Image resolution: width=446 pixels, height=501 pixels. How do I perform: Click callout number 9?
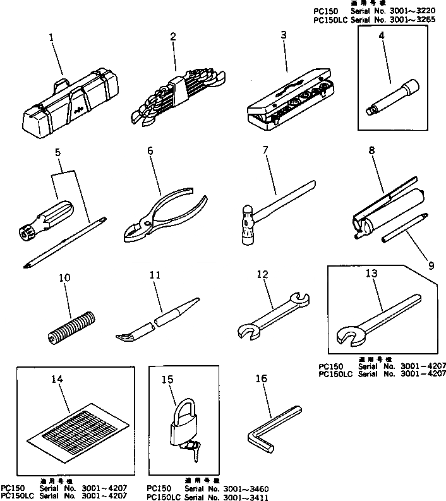(x=431, y=265)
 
